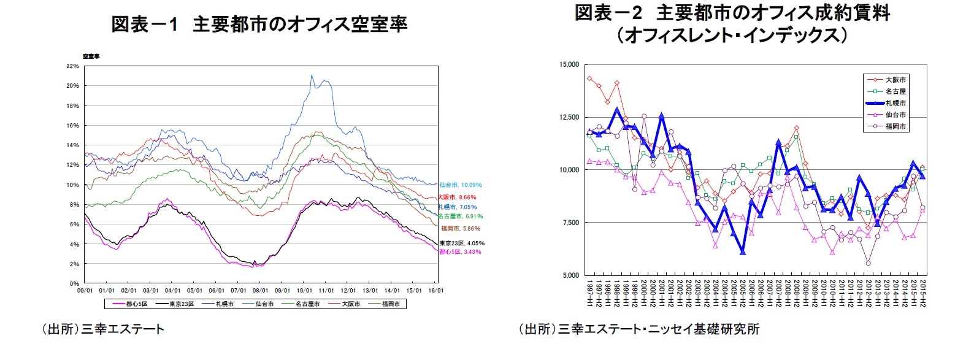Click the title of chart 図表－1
259,25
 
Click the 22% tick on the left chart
72,66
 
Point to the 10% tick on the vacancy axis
72,185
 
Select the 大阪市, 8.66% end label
456,197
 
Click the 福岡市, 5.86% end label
460,229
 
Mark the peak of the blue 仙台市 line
312,75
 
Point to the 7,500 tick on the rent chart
570,223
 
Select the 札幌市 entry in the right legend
895,103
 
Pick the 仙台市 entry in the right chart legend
895,115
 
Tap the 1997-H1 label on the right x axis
589,295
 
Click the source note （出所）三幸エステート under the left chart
102,329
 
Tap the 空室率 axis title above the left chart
91,56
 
